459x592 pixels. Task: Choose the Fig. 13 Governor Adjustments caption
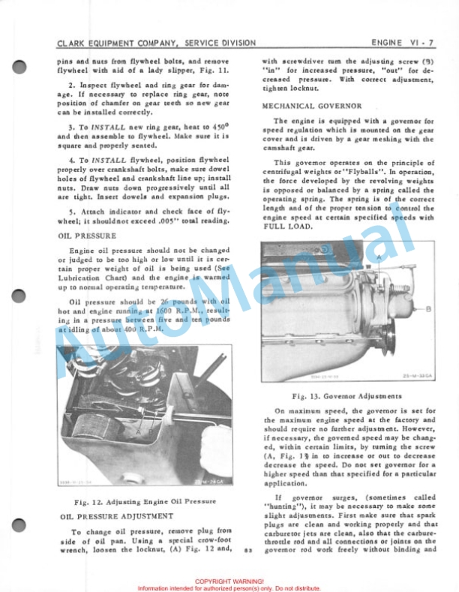[347, 396]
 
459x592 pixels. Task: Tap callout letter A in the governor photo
[379, 257]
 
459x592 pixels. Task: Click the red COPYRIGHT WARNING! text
[229, 581]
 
